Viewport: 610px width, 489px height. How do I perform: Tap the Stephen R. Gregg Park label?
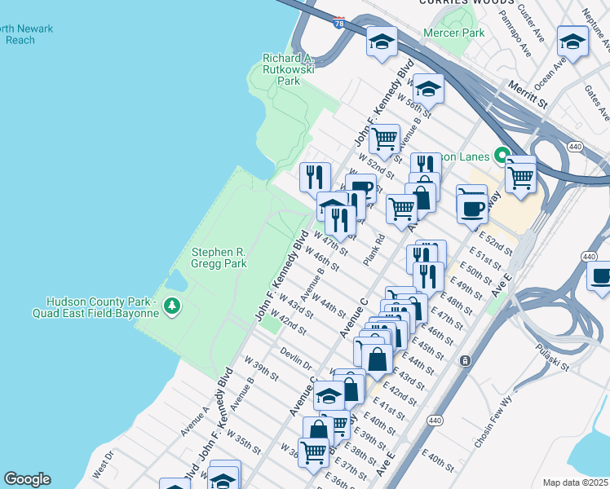click(x=219, y=258)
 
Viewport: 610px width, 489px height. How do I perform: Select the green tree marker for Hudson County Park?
click(x=171, y=306)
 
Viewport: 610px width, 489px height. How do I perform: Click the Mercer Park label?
click(x=454, y=33)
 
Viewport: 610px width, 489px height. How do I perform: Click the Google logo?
click(x=27, y=479)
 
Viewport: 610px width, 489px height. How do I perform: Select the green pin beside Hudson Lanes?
click(x=502, y=156)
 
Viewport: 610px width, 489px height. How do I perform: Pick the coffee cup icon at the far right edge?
click(x=601, y=275)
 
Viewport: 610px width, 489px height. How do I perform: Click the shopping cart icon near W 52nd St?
click(x=384, y=139)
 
